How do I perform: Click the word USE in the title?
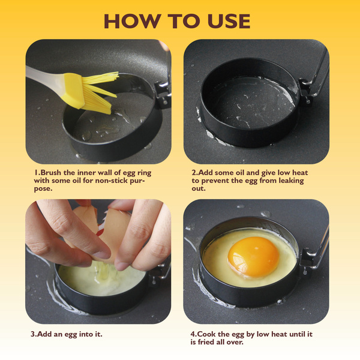coord(229,21)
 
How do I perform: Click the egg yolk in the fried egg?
coord(254,256)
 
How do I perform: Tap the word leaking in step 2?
coord(291,181)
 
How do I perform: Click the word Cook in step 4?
coord(206,334)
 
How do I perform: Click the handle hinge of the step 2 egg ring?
coord(305,90)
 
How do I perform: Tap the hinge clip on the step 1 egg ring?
coord(163,93)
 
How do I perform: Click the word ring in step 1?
coord(144,173)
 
